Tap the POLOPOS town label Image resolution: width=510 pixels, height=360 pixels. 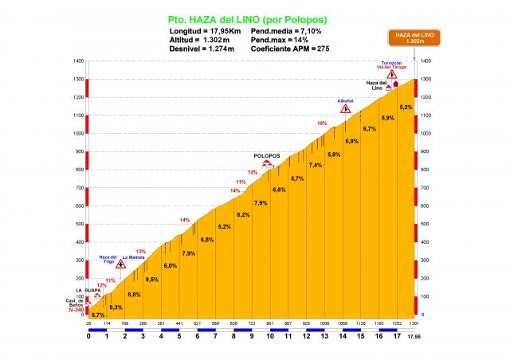click(268, 156)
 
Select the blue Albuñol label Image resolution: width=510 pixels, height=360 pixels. click(345, 100)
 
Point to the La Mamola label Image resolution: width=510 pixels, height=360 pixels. click(133, 257)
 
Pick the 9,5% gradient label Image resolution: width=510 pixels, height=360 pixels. click(151, 279)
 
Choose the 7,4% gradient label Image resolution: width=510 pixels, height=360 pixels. click(316, 165)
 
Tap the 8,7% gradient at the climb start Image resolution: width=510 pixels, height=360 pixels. click(98, 315)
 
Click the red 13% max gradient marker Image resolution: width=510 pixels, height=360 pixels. click(140, 252)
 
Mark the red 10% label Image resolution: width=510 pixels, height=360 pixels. click(322, 123)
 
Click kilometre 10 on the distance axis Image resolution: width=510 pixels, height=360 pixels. click(270, 335)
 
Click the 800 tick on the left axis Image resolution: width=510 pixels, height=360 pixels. click(78, 170)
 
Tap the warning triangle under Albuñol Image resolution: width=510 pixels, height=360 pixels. click(345, 108)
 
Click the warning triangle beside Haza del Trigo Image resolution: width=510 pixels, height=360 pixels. click(120, 264)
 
